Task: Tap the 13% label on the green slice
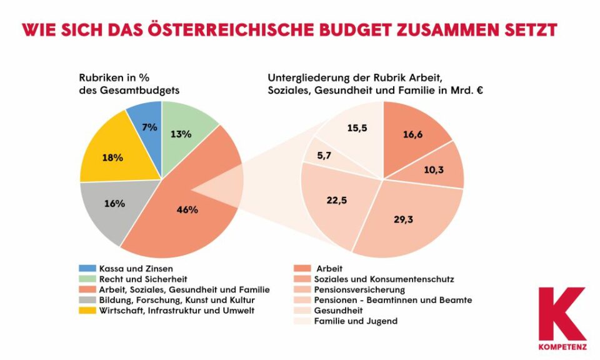[x=181, y=133]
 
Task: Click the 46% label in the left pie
[x=187, y=209]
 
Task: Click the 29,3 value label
[x=405, y=220]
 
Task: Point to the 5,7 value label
[x=326, y=155]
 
